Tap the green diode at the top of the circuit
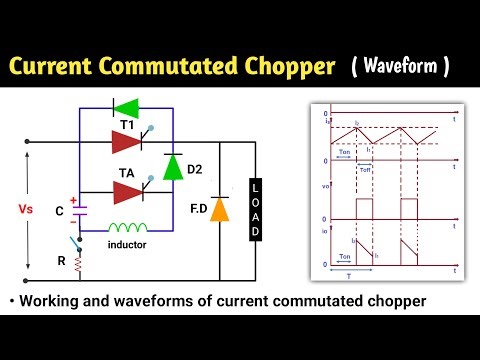click(x=127, y=107)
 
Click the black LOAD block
click(x=255, y=211)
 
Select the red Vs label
click(x=26, y=211)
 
